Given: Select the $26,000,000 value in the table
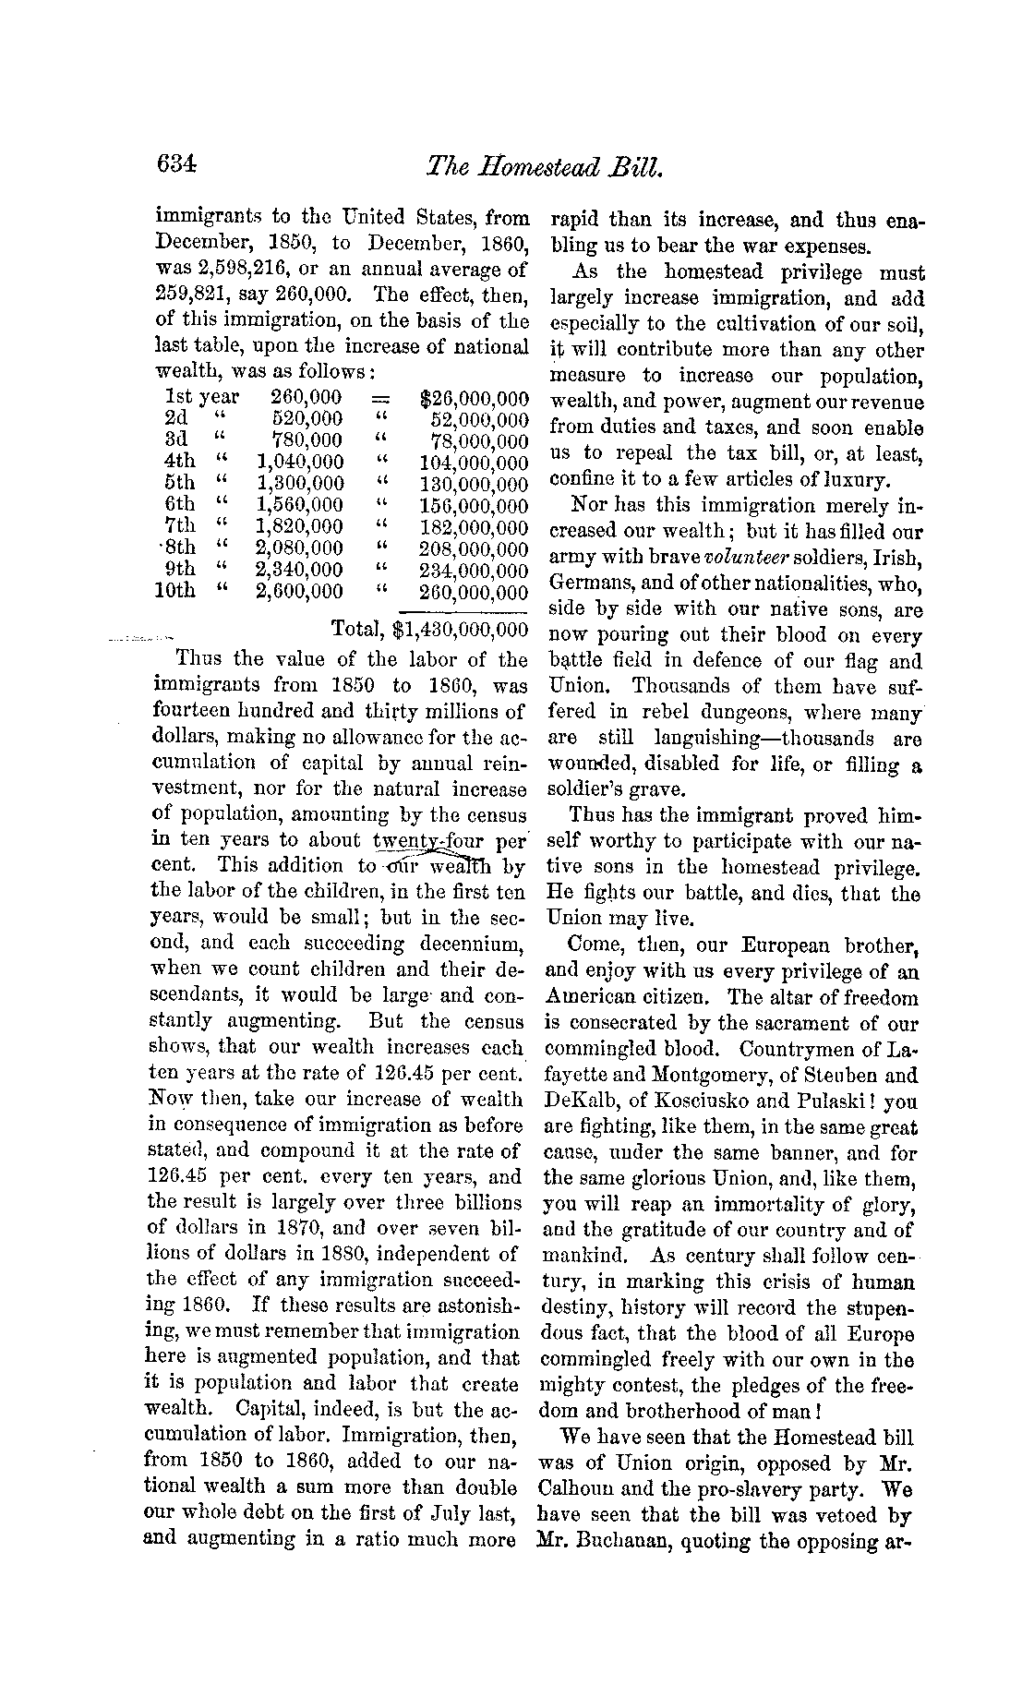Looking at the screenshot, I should (x=474, y=398).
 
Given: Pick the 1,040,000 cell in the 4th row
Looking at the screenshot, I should (x=299, y=462).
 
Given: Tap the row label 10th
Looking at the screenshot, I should (x=175, y=591).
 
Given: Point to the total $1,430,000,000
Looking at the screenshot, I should (x=460, y=630).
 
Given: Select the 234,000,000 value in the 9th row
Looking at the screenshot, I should (x=474, y=571).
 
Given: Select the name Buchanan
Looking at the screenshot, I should (x=628, y=1541).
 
